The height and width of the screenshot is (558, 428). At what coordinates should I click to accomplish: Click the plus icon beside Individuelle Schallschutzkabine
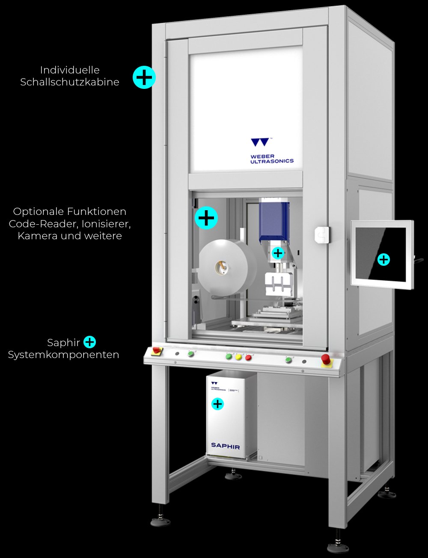[x=144, y=77]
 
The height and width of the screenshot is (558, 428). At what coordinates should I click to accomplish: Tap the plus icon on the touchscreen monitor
[x=383, y=259]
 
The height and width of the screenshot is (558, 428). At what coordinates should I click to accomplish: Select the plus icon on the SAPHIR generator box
[x=217, y=404]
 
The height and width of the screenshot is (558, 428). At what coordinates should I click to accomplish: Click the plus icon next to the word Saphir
[x=89, y=342]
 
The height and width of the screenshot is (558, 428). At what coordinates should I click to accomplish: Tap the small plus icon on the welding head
[x=278, y=253]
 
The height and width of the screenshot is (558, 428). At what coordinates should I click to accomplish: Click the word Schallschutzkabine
[x=70, y=82]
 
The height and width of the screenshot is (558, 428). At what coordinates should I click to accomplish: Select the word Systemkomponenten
[x=63, y=355]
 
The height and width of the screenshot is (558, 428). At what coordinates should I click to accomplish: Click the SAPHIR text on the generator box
[x=225, y=446]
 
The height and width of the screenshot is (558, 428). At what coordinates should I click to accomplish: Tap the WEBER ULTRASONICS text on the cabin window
[x=272, y=159]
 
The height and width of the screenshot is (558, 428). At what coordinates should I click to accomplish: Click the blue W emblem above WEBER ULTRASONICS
[x=260, y=142]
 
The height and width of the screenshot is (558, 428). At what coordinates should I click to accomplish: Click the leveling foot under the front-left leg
[x=160, y=521]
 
